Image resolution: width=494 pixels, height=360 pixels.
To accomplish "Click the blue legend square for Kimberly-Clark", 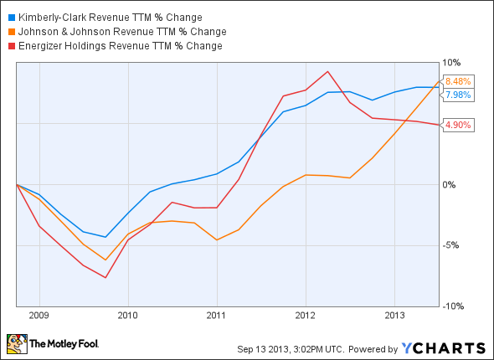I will tap(8, 17).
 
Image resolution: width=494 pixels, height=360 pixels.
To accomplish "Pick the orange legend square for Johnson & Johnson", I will tap(8, 31).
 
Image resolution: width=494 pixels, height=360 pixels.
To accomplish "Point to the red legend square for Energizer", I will tap(8, 45).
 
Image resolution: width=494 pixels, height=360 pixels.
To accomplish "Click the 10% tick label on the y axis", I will tap(452, 62).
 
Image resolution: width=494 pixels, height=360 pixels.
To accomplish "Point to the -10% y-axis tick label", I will tap(454, 306).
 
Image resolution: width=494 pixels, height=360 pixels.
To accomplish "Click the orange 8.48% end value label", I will tap(459, 81).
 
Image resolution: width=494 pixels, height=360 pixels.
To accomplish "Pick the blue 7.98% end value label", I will tap(459, 95).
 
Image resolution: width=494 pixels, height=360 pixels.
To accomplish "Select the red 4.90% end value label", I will tap(459, 125).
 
